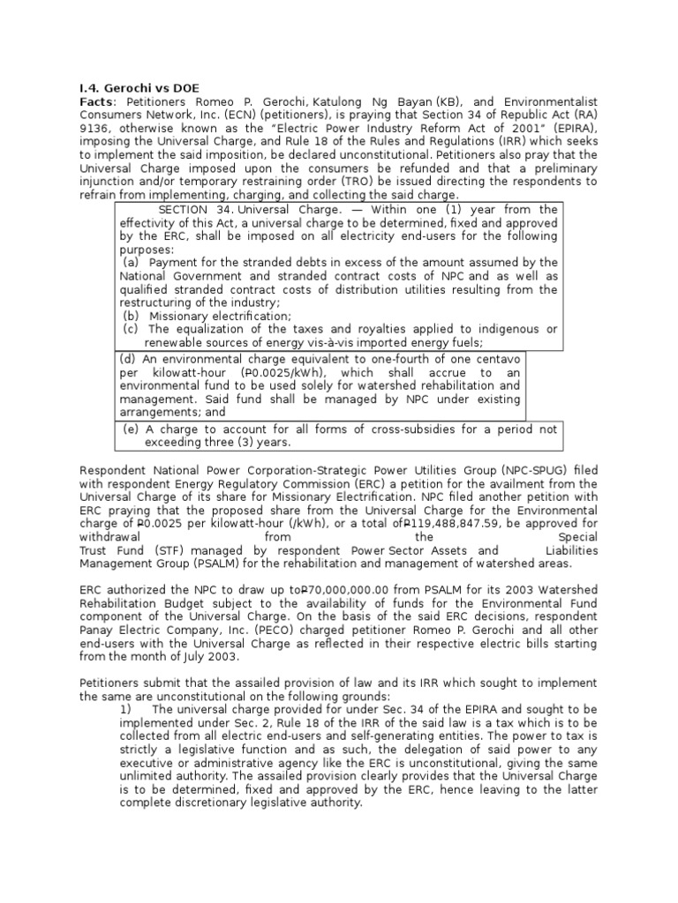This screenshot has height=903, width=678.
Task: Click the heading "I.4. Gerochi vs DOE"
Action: point(139,88)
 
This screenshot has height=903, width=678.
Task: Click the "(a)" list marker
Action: point(131,263)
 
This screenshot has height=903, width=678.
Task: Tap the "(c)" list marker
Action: point(131,329)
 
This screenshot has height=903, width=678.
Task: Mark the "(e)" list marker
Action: point(132,429)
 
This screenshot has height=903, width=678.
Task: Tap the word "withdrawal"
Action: point(109,537)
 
